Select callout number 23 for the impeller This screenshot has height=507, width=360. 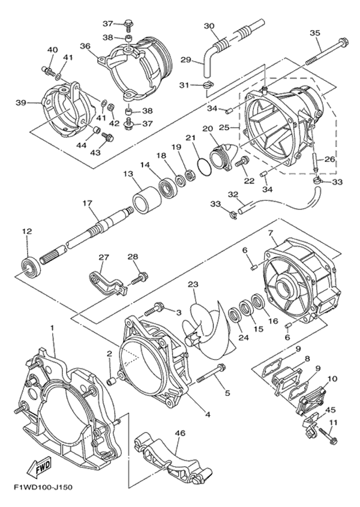194,284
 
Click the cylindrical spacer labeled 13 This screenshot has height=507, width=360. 148,201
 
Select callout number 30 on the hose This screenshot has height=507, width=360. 209,26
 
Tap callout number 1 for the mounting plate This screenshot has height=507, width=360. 51,328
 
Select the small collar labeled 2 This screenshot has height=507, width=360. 111,380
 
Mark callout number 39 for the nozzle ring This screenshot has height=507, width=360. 20,103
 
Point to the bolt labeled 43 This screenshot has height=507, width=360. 107,138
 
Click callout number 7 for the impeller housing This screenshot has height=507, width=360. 271,233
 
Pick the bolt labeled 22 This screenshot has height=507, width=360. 242,161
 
